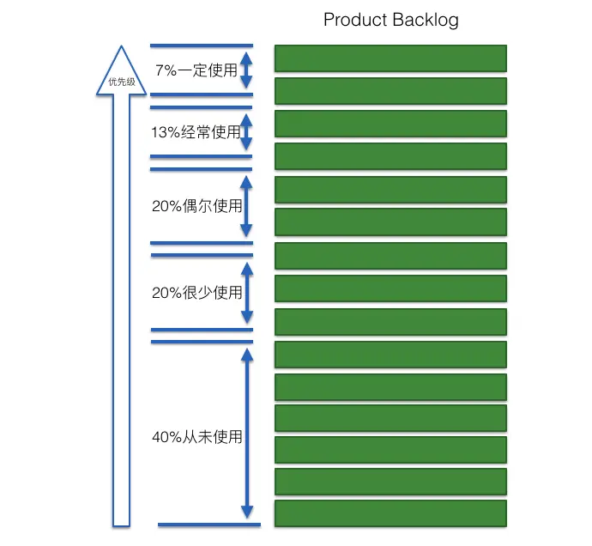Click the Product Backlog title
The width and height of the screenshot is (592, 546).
pos(390,20)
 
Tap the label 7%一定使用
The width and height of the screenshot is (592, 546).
pos(196,70)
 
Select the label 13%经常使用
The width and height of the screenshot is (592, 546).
pos(196,132)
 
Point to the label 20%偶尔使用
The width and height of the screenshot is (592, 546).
pos(196,206)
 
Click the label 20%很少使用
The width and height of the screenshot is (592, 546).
pos(196,293)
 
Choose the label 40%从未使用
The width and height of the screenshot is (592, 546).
pos(196,437)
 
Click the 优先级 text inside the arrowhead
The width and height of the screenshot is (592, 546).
pos(121,83)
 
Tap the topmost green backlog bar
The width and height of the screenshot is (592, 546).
pos(390,58)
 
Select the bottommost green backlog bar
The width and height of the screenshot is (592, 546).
pos(390,513)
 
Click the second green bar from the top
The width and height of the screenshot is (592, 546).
pos(390,90)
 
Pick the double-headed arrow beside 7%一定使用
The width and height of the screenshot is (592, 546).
pos(246,70)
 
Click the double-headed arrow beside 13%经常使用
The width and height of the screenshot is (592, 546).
pos(246,132)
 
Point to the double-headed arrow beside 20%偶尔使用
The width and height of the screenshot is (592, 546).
pos(246,206)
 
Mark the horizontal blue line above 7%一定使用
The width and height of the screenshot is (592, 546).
pos(202,45)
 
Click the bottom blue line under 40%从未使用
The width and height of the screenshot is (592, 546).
pos(208,525)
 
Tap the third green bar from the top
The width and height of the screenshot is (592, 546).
pos(390,123)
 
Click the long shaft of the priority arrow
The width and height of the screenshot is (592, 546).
pos(121,309)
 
